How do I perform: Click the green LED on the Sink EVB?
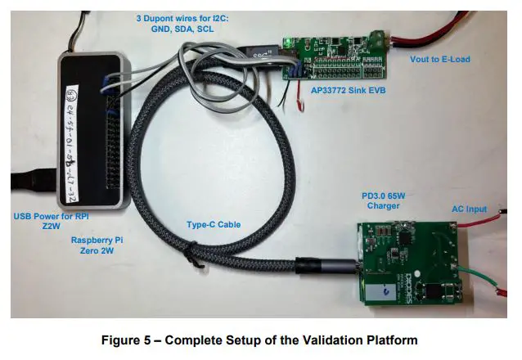coord(288,42)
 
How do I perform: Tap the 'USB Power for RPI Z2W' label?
coord(51,221)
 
